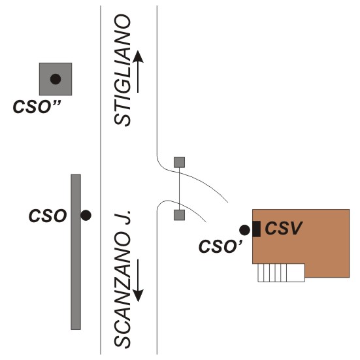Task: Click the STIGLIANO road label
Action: [122, 70]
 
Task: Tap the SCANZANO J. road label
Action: [122, 279]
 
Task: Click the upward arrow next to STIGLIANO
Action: [138, 72]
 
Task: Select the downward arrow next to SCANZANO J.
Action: [138, 280]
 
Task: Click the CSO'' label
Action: [37, 106]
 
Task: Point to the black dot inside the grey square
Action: [56, 79]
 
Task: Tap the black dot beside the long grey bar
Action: [86, 216]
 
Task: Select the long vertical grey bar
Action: [76, 252]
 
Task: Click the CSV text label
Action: [284, 228]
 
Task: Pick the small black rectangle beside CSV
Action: [257, 229]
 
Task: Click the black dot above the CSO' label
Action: [244, 230]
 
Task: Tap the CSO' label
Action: [220, 246]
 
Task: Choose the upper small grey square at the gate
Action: [179, 162]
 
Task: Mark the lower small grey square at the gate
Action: [179, 215]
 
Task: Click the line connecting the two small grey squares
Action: [179, 189]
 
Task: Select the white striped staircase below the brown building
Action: [281, 272]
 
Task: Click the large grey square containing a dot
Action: [56, 79]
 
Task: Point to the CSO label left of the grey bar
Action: [48, 216]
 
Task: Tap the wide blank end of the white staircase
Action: [296, 272]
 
